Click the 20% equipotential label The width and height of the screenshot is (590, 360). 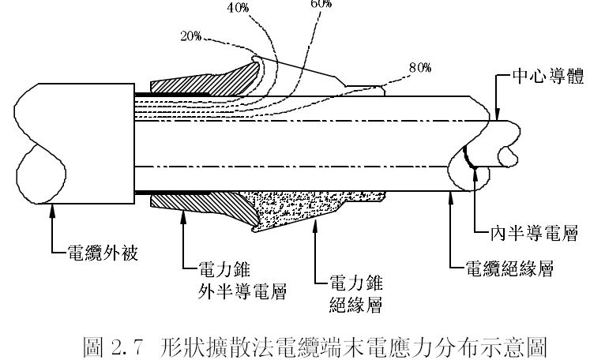191,36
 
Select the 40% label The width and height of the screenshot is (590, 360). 238,8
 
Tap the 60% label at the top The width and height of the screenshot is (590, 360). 321,4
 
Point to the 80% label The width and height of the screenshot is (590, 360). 420,68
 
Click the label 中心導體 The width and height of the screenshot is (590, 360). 548,76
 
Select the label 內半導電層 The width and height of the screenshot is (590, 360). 534,233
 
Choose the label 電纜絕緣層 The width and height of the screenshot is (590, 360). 510,268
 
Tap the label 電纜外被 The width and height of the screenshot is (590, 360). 103,253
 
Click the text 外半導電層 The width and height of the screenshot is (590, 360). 242,291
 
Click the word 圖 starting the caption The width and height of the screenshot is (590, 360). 92,347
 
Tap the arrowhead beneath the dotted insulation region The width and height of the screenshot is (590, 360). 315,225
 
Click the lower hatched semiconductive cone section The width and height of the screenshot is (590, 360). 203,206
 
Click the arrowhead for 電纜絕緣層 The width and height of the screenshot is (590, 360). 451,197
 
